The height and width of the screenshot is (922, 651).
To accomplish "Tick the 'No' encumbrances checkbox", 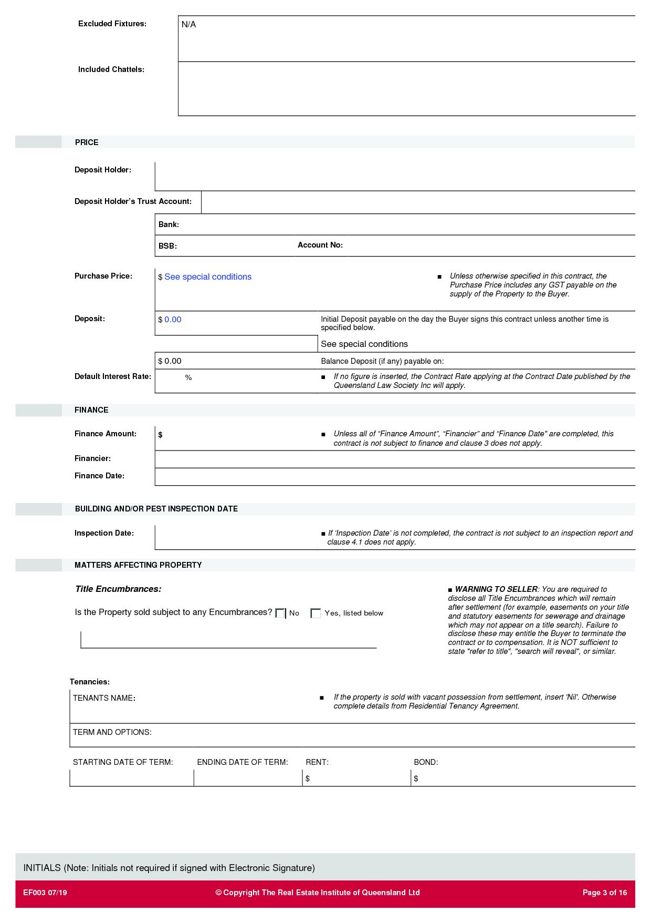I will (280, 613).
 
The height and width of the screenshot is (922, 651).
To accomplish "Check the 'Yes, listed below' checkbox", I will (316, 613).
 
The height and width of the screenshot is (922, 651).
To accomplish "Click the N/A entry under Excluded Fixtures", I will (188, 25).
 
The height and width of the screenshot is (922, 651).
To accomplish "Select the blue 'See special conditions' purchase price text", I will (208, 277).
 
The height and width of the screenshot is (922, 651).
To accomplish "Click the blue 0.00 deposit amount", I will (173, 320).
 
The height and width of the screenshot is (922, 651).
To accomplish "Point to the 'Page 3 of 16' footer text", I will (605, 893).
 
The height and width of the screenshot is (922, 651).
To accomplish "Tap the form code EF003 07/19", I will (45, 893).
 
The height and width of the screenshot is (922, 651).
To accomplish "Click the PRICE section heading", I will (87, 142).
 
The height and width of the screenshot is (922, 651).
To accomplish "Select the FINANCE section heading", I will (91, 410).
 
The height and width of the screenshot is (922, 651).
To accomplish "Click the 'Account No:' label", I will (320, 245).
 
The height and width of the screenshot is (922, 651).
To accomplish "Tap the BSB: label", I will (167, 246).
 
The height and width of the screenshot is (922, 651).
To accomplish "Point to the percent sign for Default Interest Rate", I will (188, 378).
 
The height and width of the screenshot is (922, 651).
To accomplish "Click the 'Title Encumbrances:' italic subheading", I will (118, 589).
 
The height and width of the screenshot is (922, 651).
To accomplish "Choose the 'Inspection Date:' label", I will (104, 533).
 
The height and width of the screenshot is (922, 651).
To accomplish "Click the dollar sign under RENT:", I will (308, 778).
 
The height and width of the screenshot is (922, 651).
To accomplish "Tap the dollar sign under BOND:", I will (416, 778).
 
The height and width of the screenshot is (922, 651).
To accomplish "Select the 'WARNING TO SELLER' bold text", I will (496, 589).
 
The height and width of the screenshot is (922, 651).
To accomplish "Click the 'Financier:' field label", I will (92, 458).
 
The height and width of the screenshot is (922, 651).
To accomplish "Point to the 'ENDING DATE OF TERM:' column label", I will (243, 762).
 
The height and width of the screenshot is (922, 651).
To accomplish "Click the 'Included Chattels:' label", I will (111, 69).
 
